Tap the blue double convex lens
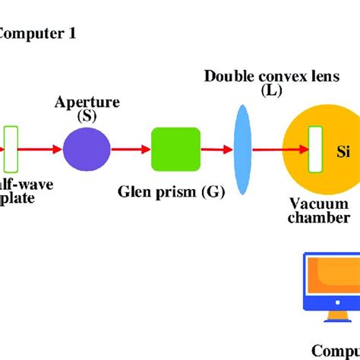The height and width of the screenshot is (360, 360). (x=242, y=150)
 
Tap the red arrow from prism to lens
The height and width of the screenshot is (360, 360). (x=216, y=150)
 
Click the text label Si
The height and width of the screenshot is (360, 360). (x=343, y=150)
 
